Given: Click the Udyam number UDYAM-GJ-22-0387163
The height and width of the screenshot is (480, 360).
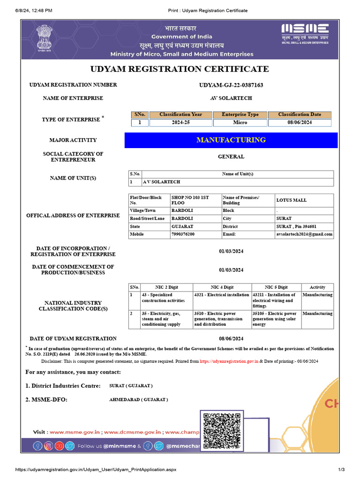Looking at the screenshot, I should (x=231, y=85).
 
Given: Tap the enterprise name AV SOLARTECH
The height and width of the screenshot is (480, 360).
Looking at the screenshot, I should (x=231, y=98).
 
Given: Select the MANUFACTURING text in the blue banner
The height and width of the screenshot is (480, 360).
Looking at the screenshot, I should (x=231, y=140).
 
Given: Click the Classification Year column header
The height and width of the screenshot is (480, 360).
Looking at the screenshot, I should (x=181, y=114).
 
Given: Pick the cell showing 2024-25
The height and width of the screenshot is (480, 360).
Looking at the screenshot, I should (x=181, y=123).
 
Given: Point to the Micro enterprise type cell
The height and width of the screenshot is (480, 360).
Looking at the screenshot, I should (x=240, y=123).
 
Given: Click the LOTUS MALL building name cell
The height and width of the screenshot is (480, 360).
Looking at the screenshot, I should (x=292, y=200).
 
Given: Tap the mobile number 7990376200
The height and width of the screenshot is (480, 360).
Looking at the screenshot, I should (x=183, y=234).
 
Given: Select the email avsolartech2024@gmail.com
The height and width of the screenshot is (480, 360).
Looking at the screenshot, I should (x=304, y=234).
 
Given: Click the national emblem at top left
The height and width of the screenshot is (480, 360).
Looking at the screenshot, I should (x=45, y=38).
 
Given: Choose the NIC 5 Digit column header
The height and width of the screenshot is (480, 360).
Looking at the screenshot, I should (x=276, y=287).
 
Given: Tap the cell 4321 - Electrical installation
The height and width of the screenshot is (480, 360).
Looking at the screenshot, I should (x=222, y=295).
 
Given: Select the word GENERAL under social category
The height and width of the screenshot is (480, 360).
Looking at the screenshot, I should (x=231, y=157).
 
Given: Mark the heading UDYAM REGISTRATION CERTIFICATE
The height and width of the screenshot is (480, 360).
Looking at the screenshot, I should (x=180, y=69).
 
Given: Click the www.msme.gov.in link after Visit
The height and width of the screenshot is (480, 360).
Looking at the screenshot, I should (x=75, y=432).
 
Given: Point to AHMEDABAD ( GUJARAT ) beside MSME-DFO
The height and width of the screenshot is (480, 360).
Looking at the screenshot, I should (x=138, y=400).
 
